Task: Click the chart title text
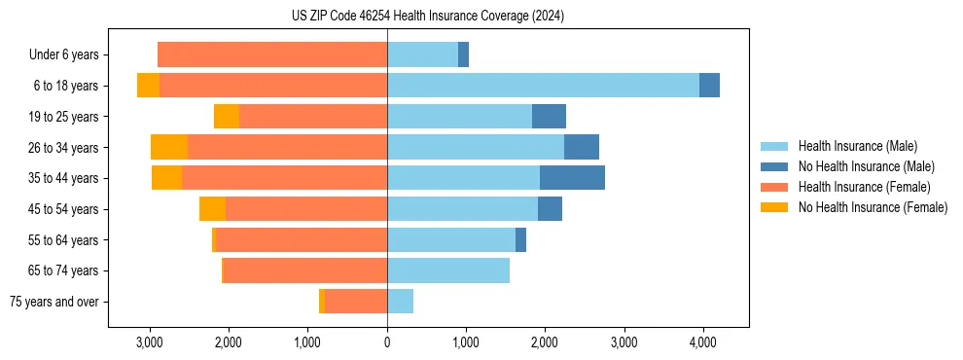427,17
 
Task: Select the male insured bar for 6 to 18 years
543,86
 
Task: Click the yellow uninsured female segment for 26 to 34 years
169,147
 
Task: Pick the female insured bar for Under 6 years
272,54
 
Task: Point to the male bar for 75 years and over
400,302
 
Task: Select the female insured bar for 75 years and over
356,302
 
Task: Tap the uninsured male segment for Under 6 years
463,54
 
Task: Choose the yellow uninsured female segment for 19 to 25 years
227,117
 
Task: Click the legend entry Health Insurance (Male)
856,146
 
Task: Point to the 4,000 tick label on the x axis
702,342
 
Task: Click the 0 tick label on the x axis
387,342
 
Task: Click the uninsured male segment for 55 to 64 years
520,239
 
